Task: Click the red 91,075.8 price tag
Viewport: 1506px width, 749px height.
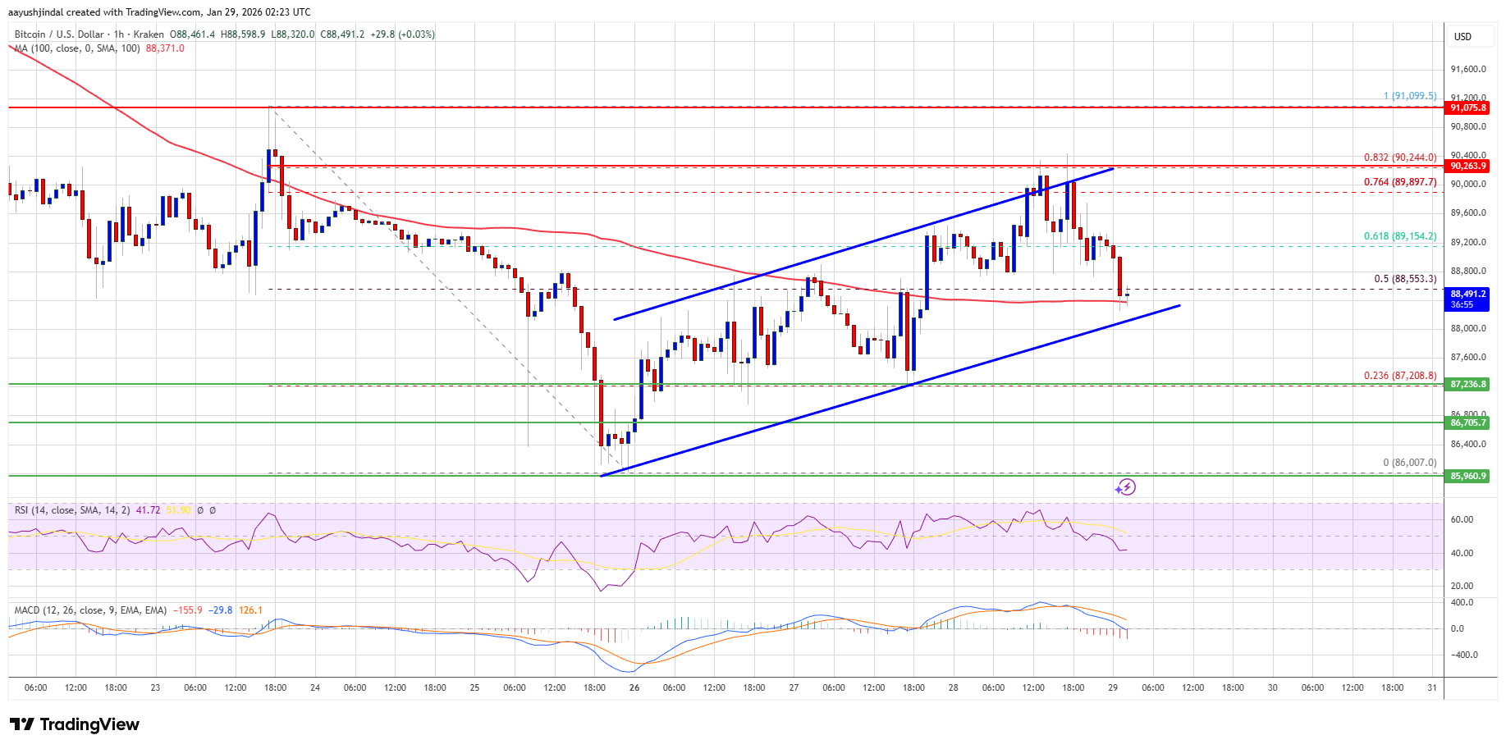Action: click(x=1467, y=108)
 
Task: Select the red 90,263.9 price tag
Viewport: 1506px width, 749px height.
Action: click(x=1467, y=166)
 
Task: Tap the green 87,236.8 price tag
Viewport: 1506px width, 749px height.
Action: click(x=1467, y=384)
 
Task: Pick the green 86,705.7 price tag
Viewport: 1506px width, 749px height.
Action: click(x=1467, y=422)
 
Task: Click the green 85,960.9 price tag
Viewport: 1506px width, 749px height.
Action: click(x=1467, y=476)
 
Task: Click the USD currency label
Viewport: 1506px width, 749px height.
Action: click(x=1463, y=37)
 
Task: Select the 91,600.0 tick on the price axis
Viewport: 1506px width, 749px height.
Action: click(x=1467, y=70)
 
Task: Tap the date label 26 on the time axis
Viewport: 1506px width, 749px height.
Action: click(x=634, y=687)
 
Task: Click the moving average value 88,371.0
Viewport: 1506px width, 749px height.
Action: click(x=165, y=48)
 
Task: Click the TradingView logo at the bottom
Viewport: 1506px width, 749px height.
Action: click(x=75, y=724)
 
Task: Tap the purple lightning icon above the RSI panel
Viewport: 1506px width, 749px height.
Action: click(x=1125, y=487)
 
